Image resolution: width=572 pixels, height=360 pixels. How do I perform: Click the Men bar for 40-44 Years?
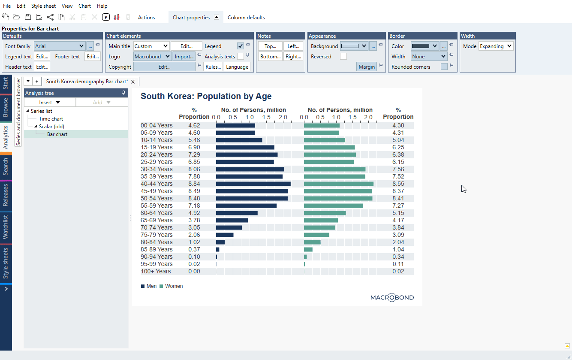253,184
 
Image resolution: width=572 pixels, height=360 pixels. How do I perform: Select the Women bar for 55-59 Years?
333,206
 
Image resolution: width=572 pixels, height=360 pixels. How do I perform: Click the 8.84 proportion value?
194,184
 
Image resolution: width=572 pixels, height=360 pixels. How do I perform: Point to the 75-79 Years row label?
157,235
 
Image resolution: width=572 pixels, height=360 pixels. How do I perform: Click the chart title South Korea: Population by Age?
206,96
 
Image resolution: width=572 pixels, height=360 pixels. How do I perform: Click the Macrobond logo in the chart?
392,297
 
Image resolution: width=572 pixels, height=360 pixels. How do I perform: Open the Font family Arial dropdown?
60,46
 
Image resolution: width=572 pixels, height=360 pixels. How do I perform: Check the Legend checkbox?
241,46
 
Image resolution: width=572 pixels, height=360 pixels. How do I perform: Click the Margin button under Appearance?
367,67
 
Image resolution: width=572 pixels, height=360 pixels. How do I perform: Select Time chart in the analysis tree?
51,119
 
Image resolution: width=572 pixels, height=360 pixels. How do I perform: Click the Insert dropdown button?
50,103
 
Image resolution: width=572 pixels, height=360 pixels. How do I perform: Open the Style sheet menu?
43,6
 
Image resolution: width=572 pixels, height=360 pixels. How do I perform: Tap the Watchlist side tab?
6,227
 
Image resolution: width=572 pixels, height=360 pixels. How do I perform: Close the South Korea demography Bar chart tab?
133,82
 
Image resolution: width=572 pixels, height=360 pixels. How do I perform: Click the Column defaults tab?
246,18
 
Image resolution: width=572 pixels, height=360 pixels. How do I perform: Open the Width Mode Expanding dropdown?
496,46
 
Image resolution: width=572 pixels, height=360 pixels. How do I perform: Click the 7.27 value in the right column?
398,206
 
